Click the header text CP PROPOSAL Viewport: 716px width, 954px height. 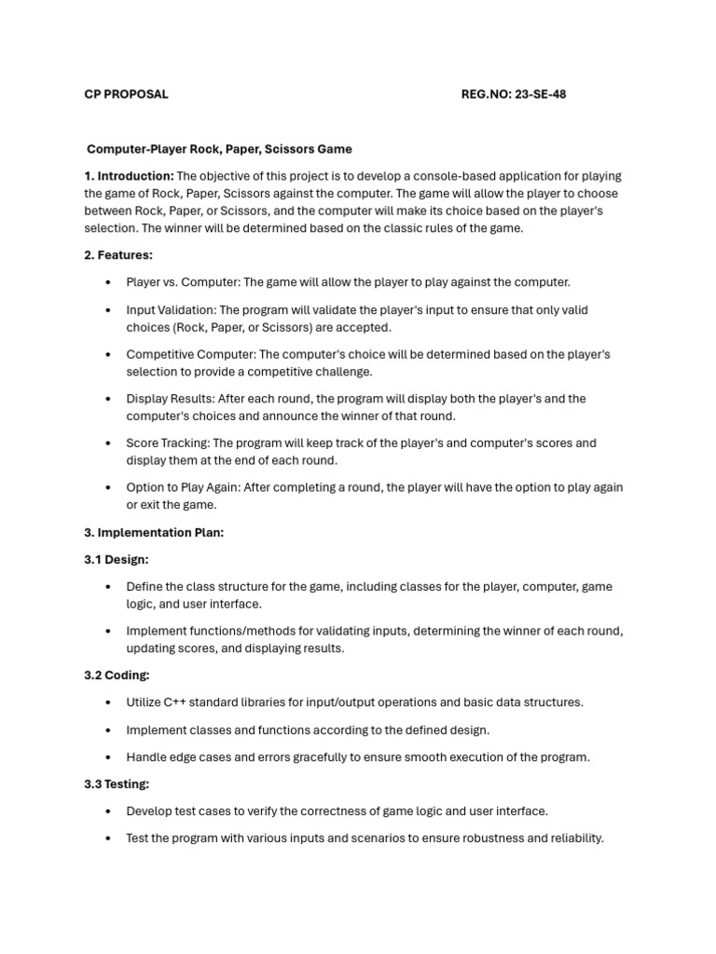pyautogui.click(x=126, y=94)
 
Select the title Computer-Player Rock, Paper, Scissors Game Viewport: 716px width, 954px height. pyautogui.click(x=219, y=149)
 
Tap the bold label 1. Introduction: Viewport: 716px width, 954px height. pyautogui.click(x=129, y=176)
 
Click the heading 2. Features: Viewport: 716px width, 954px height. pyautogui.click(x=118, y=255)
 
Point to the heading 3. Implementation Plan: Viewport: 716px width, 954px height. pyautogui.click(x=154, y=533)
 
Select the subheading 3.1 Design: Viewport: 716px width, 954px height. pyautogui.click(x=117, y=560)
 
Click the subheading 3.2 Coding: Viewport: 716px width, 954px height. pyautogui.click(x=117, y=675)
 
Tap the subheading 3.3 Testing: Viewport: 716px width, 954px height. pyautogui.click(x=117, y=784)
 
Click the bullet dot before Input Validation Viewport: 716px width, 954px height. pyautogui.click(x=108, y=310)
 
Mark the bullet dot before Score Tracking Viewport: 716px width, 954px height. pyautogui.click(x=108, y=443)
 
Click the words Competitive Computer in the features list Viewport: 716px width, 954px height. pyautogui.click(x=190, y=354)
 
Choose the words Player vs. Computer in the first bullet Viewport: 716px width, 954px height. pyautogui.click(x=182, y=282)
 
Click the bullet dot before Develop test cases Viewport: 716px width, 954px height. pyautogui.click(x=108, y=811)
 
